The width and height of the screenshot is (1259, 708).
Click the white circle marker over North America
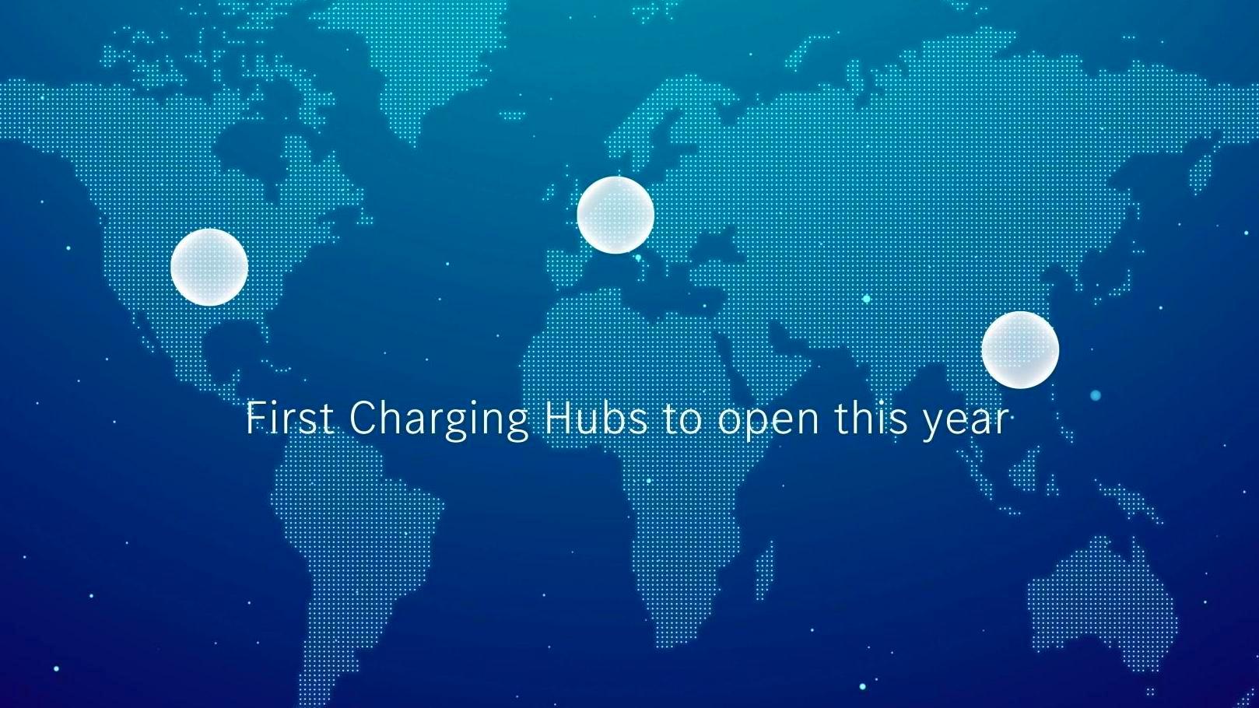click(209, 267)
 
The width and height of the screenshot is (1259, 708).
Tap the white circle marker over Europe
click(615, 215)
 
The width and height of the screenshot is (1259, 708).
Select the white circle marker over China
click(1020, 349)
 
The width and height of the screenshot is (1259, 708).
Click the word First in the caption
click(290, 418)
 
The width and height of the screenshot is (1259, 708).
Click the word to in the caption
click(683, 421)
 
